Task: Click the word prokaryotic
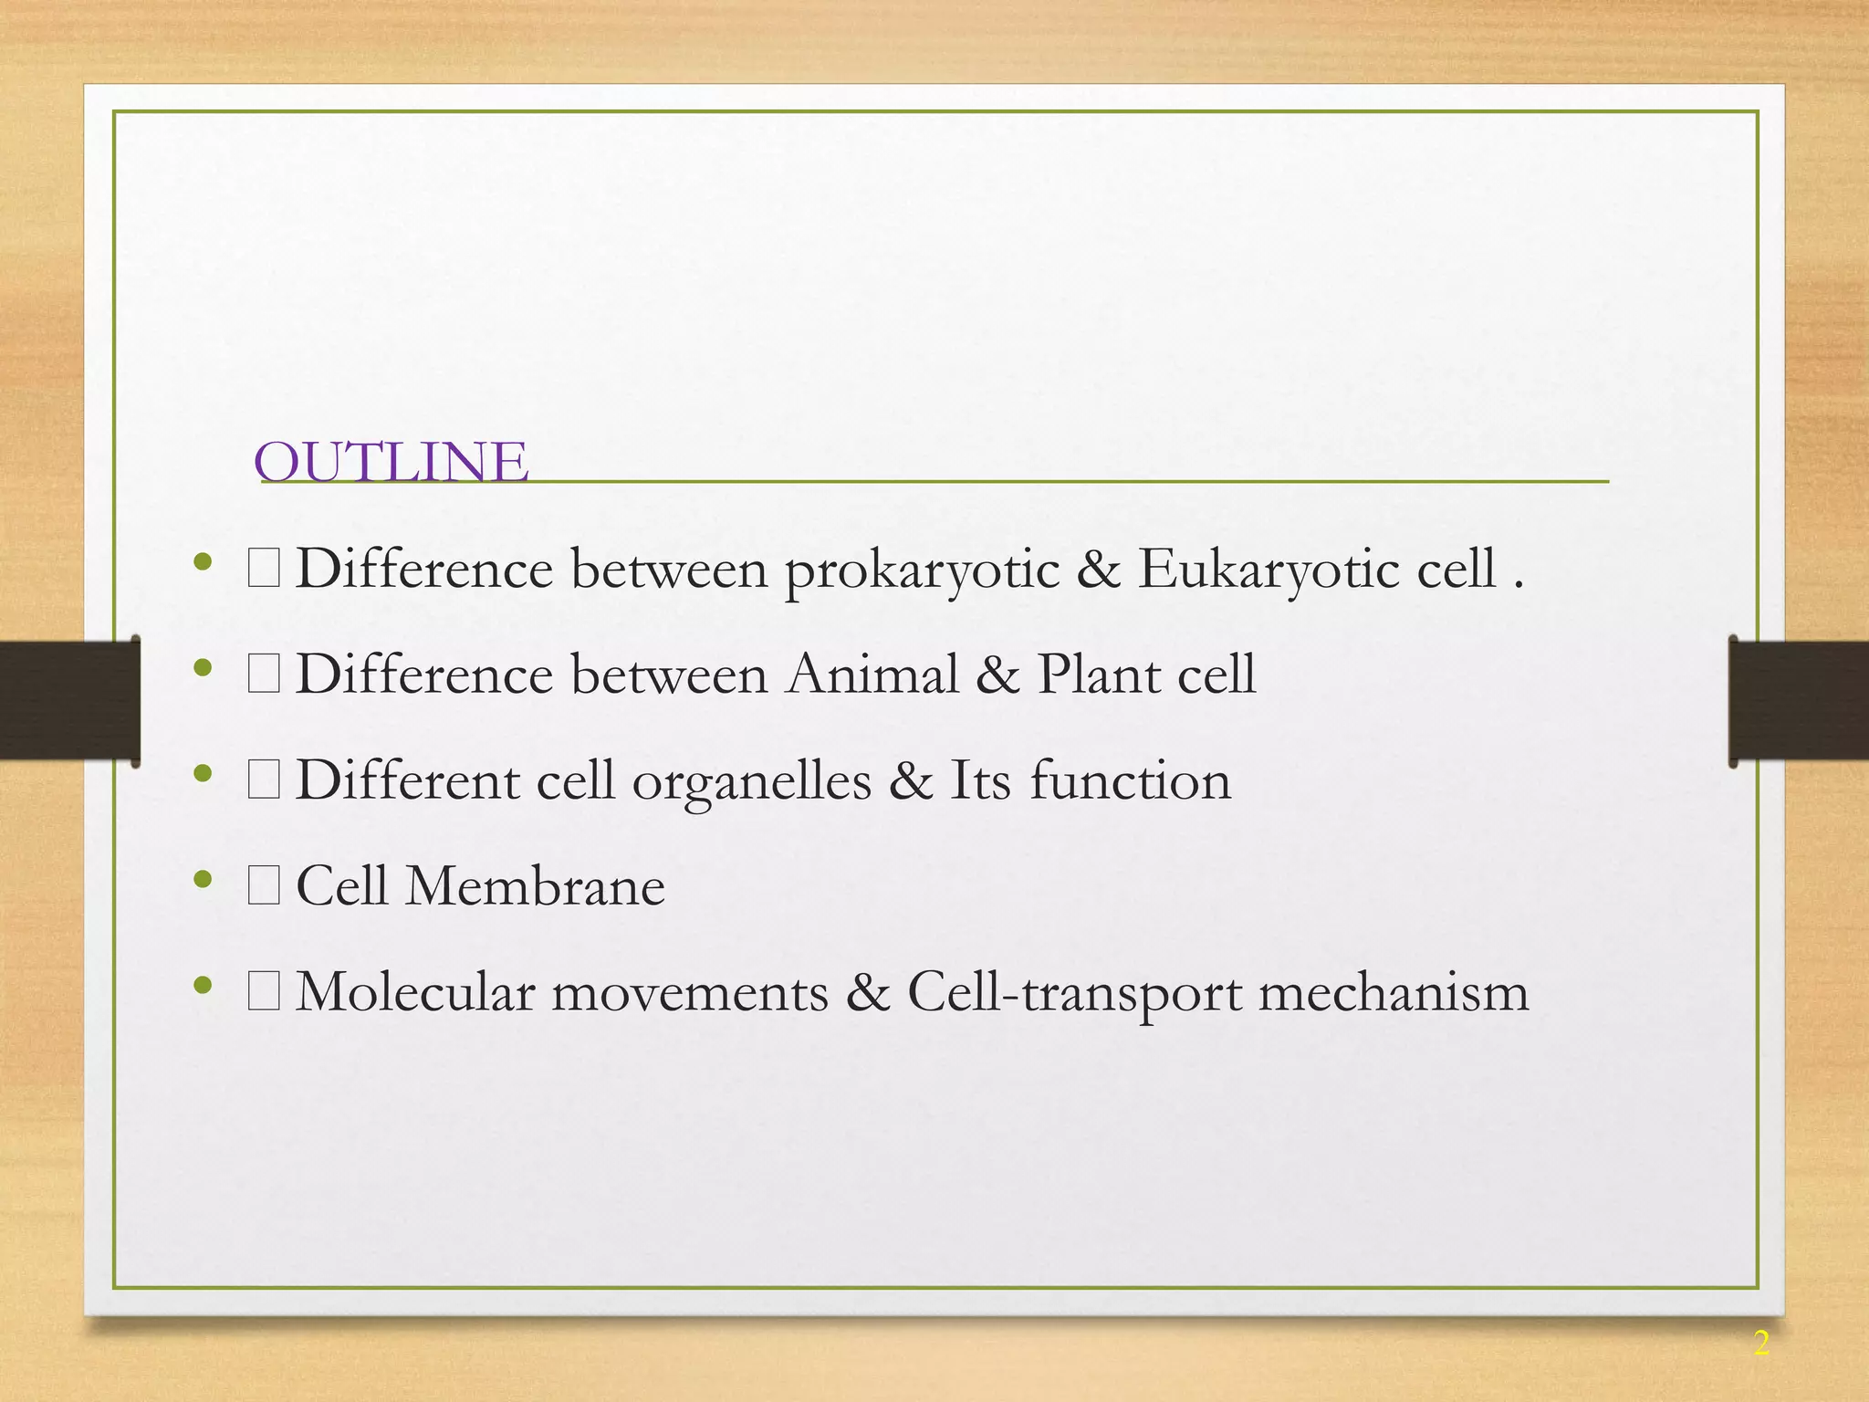tap(922, 570)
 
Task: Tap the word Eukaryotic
tap(1269, 570)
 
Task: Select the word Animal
tap(872, 675)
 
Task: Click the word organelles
tap(751, 783)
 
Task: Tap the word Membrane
tap(535, 886)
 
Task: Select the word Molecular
tap(415, 992)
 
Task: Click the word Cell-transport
tap(1074, 994)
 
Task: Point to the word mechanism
tap(1394, 992)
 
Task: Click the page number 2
tap(1760, 1344)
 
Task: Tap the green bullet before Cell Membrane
tap(203, 880)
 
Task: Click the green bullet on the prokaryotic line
tap(203, 562)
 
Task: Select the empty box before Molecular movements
tap(264, 993)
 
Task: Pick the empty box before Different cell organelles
tap(264, 781)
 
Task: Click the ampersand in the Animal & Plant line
tap(997, 675)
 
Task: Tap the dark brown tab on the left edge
tap(68, 701)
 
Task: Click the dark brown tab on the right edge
tap(1798, 701)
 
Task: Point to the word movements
tap(690, 992)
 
